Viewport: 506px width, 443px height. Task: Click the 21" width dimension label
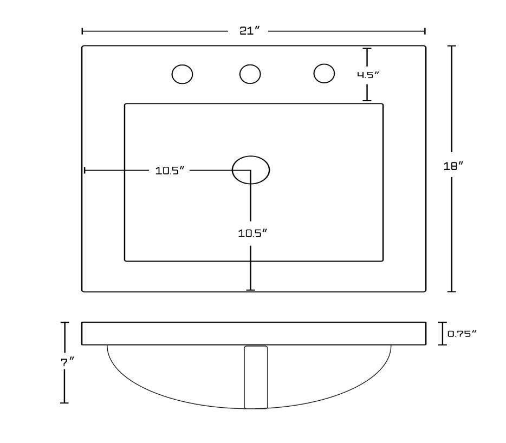coord(249,31)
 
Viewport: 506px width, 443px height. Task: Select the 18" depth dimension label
coord(453,166)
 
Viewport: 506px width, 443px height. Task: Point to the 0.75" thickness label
coord(462,334)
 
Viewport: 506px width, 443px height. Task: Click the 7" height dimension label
coord(68,362)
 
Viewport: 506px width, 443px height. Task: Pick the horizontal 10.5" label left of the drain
coord(170,171)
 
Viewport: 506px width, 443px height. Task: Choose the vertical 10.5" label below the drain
coord(252,233)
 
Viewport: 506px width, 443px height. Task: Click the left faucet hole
coord(183,74)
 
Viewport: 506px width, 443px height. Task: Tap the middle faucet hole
coord(250,74)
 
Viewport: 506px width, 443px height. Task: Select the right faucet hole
coord(324,73)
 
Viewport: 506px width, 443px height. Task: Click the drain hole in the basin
coord(251,170)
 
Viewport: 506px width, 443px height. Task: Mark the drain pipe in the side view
coord(256,377)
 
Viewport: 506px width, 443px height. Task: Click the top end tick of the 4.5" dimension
coord(367,48)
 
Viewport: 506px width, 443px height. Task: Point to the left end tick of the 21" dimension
coord(82,31)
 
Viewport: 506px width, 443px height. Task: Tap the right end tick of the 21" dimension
coord(425,31)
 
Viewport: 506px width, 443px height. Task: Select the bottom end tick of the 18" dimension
coord(451,291)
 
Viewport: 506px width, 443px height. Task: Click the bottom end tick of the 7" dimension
coord(64,403)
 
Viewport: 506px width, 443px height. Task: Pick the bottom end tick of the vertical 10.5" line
coord(251,290)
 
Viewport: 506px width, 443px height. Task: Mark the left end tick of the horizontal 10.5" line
coord(85,170)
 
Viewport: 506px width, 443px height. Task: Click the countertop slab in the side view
coord(254,333)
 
